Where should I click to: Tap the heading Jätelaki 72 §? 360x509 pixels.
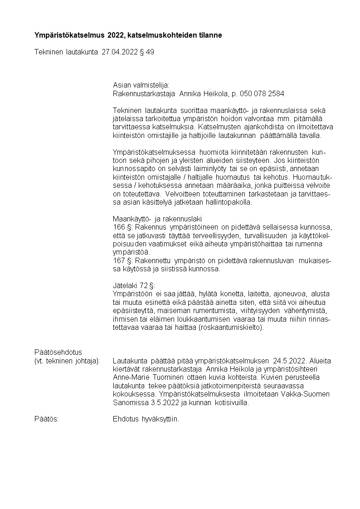[134, 285]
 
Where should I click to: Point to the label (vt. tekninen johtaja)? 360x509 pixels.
[67, 361]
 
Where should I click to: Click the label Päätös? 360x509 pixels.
[47, 419]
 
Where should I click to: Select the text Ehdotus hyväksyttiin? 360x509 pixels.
[146, 419]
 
